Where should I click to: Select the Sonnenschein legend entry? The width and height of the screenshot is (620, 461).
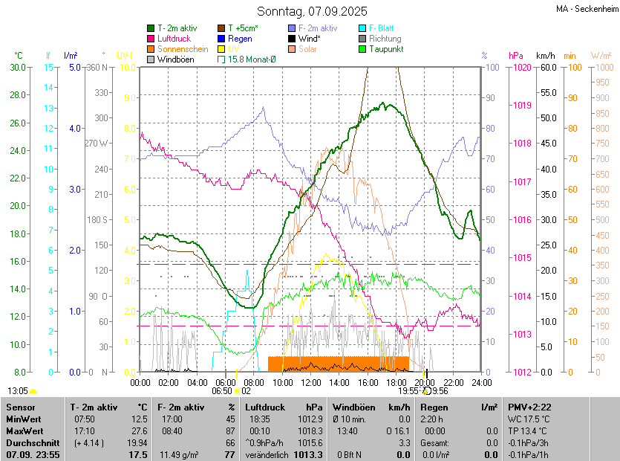click(183, 49)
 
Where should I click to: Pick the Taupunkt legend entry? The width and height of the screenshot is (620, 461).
click(385, 49)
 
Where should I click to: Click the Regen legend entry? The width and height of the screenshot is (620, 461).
click(240, 39)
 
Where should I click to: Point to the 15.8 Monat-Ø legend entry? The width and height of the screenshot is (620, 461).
click(251, 59)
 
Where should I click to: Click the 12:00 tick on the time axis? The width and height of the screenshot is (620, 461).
click(311, 383)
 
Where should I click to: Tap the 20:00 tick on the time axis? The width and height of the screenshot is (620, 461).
click(425, 383)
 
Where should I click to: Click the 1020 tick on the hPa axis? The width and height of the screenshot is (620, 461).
click(521, 68)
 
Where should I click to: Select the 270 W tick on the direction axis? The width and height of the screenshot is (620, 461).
click(97, 144)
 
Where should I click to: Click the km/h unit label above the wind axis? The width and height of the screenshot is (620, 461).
click(545, 56)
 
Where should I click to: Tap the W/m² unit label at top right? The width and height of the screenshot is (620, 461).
click(601, 56)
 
